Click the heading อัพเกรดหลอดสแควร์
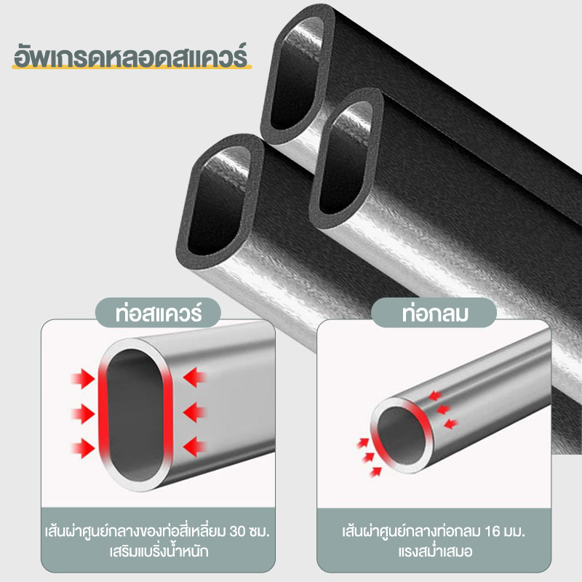pyautogui.click(x=130, y=55)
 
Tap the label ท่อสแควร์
pyautogui.click(x=159, y=314)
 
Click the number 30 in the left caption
pyautogui.click(x=238, y=532)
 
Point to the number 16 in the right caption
pyautogui.click(x=493, y=532)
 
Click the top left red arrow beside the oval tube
pyautogui.click(x=83, y=378)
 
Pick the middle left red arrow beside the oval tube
pyautogui.click(x=83, y=413)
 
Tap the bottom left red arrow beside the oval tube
pyautogui.click(x=83, y=447)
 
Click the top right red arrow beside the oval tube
pyautogui.click(x=194, y=378)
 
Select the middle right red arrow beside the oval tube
pyautogui.click(x=194, y=412)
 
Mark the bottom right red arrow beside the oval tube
pyautogui.click(x=194, y=447)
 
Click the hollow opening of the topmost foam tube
pyautogui.click(x=297, y=74)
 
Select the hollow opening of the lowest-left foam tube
pyautogui.click(x=219, y=202)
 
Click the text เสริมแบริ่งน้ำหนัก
pyautogui.click(x=159, y=551)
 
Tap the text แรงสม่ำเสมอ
pyautogui.click(x=435, y=551)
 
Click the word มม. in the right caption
pyautogui.click(x=514, y=532)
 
